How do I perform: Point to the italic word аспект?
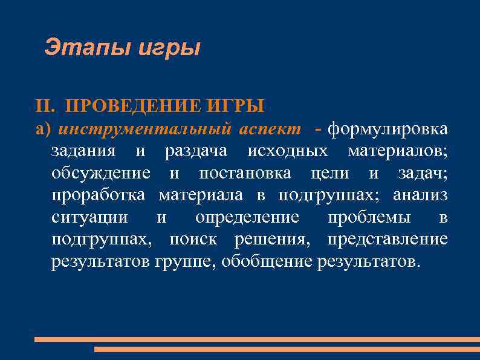(269, 128)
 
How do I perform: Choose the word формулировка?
(388, 128)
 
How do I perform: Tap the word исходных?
(290, 151)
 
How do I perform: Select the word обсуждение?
(101, 173)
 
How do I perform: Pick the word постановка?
(245, 173)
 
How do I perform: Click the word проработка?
(99, 195)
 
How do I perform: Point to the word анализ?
(420, 195)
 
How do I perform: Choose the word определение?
(247, 217)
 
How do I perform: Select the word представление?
(388, 240)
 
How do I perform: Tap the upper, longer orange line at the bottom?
(257, 339)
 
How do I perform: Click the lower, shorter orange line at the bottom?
(287, 350)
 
